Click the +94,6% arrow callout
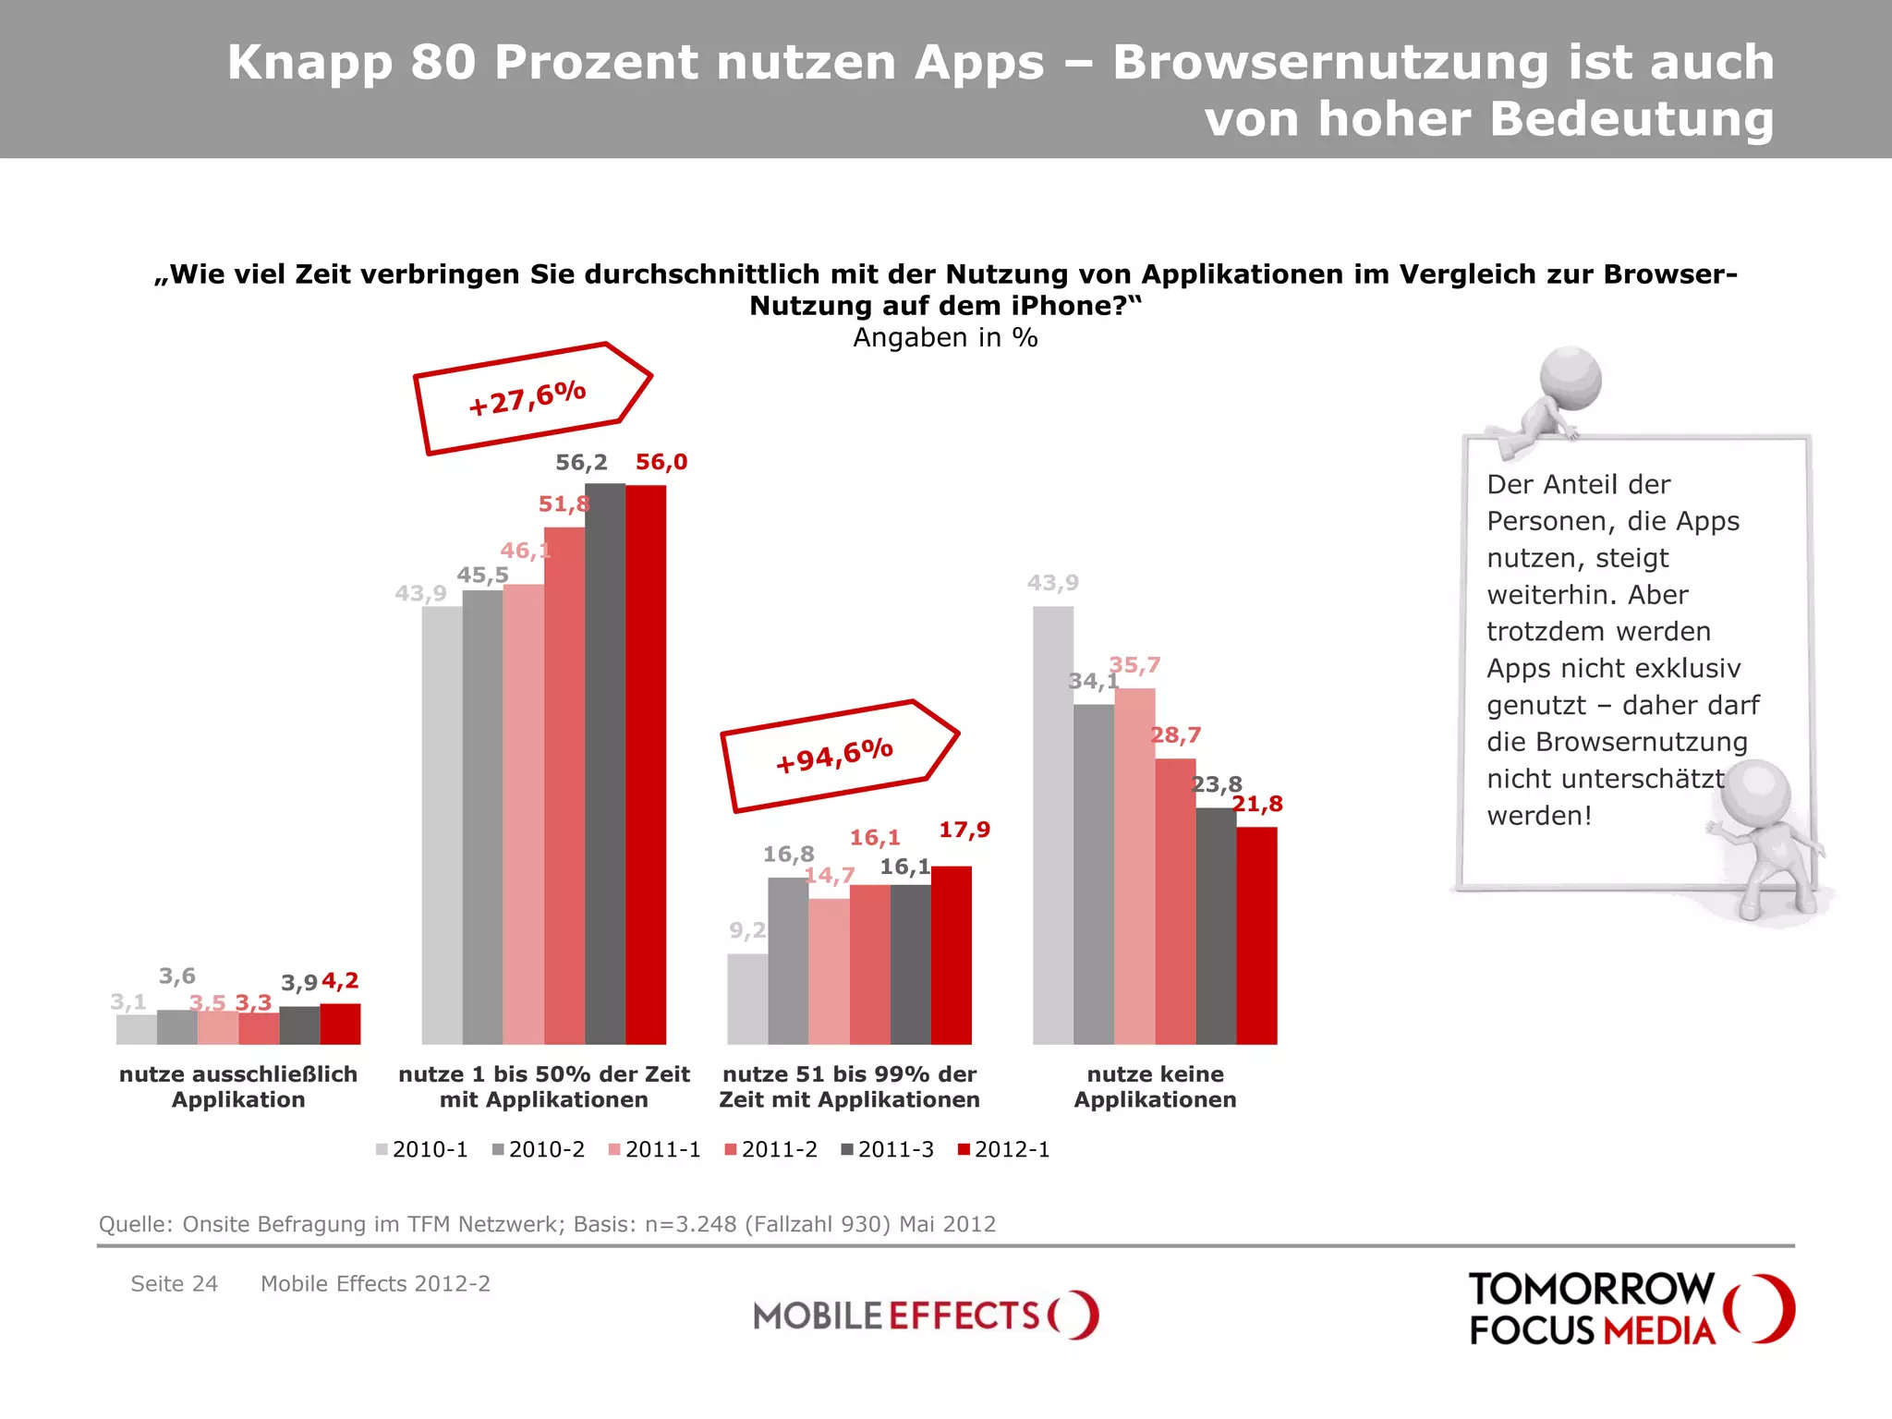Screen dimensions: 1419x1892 837,756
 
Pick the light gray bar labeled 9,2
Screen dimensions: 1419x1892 747,999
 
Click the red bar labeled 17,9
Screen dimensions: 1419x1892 952,955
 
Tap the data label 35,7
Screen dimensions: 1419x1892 1134,665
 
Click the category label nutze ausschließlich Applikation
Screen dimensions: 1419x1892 238,1086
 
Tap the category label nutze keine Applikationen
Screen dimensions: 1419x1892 1155,1086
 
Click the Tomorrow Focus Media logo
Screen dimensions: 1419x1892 1630,1308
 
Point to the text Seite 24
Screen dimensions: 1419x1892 174,1283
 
